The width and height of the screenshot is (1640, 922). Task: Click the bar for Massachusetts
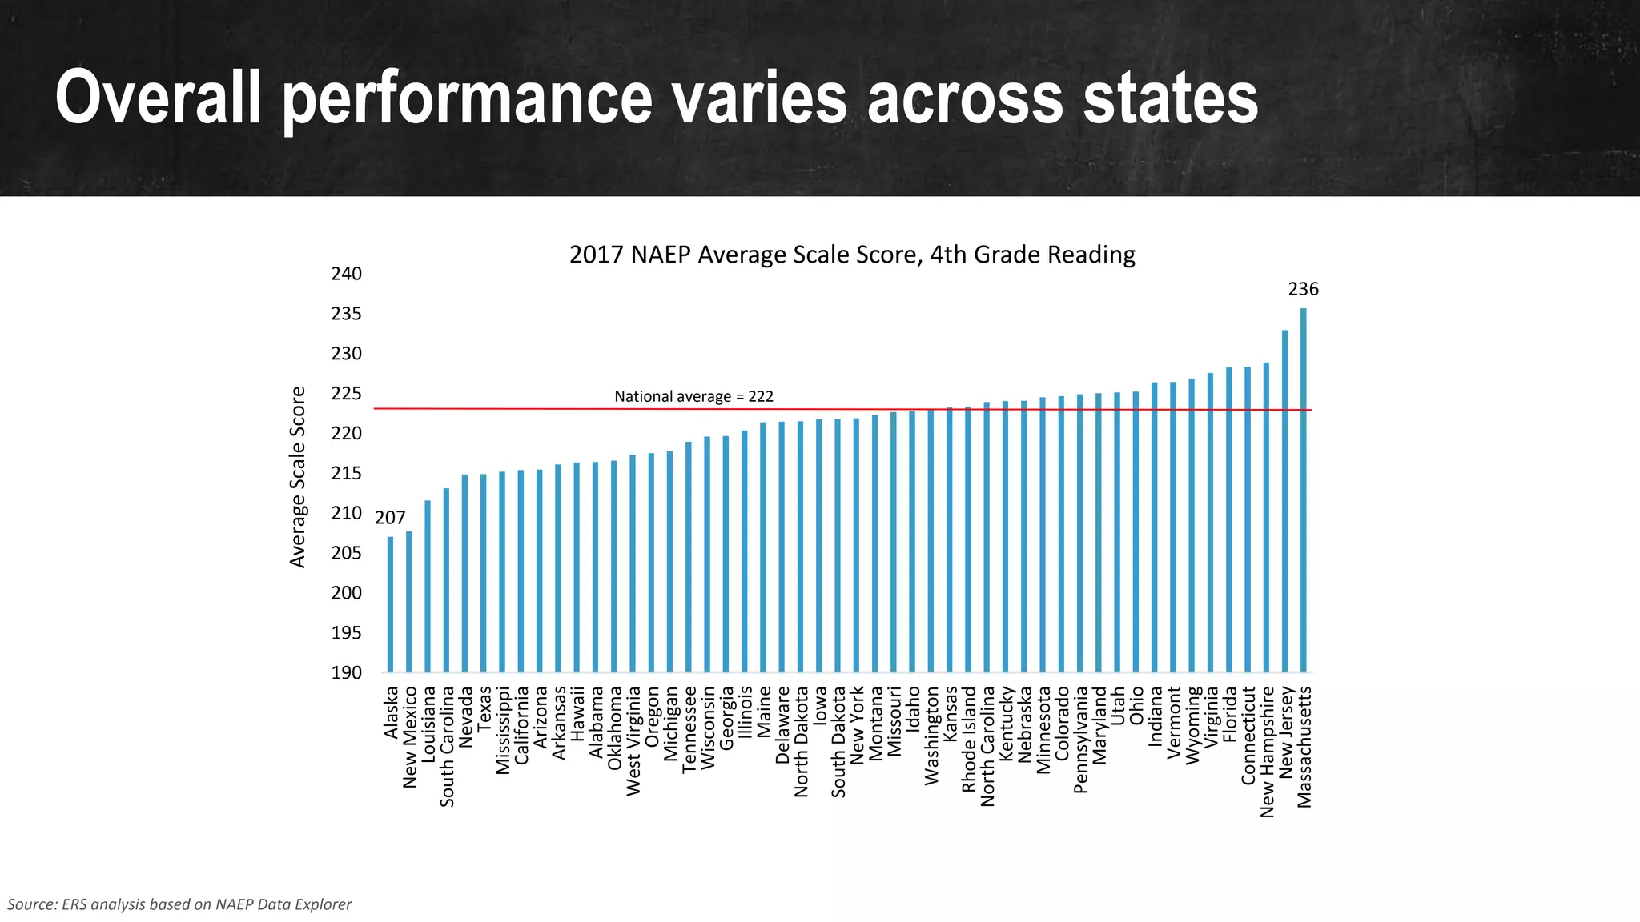point(1303,490)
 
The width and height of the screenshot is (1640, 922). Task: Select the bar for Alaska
point(390,604)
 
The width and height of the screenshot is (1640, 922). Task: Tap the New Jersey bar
point(1284,501)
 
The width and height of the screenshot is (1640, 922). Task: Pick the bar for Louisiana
point(428,586)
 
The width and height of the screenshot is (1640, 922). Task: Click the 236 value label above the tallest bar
point(1303,289)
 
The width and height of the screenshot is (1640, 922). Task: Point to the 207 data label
point(390,518)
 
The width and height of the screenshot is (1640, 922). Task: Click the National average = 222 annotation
point(693,396)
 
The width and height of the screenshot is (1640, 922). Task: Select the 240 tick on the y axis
point(346,274)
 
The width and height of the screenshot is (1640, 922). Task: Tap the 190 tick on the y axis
point(346,672)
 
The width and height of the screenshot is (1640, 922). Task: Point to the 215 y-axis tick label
point(346,474)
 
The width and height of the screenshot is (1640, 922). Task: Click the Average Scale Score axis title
point(298,477)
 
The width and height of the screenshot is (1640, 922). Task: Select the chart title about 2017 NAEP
point(852,255)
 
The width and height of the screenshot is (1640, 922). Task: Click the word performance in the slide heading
point(468,98)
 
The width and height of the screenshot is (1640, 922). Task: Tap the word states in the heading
point(1170,98)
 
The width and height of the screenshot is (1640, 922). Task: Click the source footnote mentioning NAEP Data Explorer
point(179,904)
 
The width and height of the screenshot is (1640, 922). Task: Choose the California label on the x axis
point(521,725)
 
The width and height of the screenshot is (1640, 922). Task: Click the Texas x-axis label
point(484,708)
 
